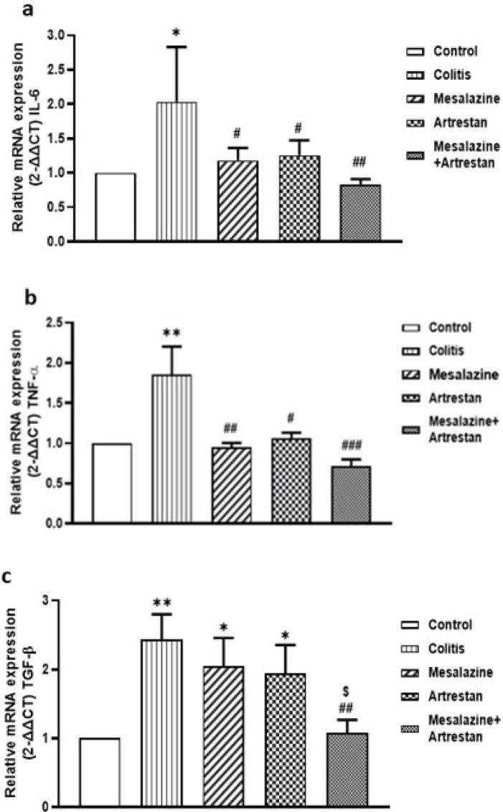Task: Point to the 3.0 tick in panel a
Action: [56, 35]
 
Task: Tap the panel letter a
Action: [10, 9]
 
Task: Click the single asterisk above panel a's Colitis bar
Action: [176, 34]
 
